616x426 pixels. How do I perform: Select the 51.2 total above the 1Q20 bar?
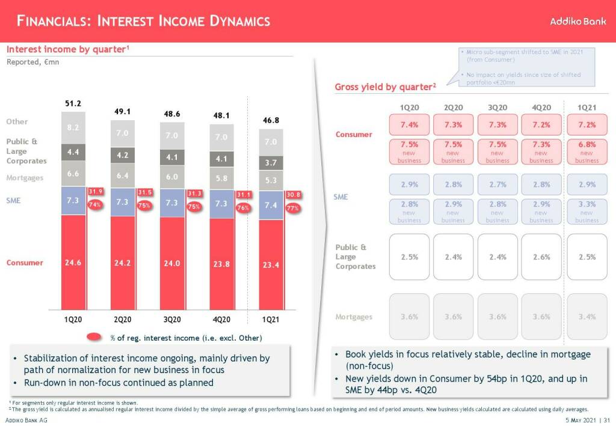click(x=73, y=103)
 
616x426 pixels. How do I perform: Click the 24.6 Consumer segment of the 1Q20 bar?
click(x=73, y=263)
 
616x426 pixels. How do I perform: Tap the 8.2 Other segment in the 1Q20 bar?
click(x=73, y=127)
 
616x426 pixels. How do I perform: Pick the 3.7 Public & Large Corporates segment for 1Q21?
click(x=271, y=162)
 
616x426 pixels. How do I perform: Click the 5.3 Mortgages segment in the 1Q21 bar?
click(x=271, y=180)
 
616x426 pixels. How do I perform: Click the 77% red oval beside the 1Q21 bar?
click(x=292, y=208)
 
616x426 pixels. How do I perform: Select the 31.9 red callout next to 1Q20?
click(x=96, y=192)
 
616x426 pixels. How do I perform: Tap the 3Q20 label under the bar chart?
click(x=172, y=319)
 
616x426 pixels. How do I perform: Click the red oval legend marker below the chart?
click(x=96, y=337)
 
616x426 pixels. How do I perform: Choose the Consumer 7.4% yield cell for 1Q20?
click(x=409, y=125)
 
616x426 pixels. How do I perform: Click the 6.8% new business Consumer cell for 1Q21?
click(x=587, y=151)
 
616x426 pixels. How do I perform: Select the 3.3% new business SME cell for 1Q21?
click(x=587, y=211)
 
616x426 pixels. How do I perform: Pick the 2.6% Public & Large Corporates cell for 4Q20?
click(x=541, y=257)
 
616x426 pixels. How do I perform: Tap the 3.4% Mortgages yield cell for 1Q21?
click(x=587, y=317)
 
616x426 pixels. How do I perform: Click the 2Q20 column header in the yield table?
click(x=453, y=108)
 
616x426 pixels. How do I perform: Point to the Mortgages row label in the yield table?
click(x=354, y=317)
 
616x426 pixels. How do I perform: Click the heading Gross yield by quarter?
click(x=385, y=87)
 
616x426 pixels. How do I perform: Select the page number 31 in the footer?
click(x=606, y=420)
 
